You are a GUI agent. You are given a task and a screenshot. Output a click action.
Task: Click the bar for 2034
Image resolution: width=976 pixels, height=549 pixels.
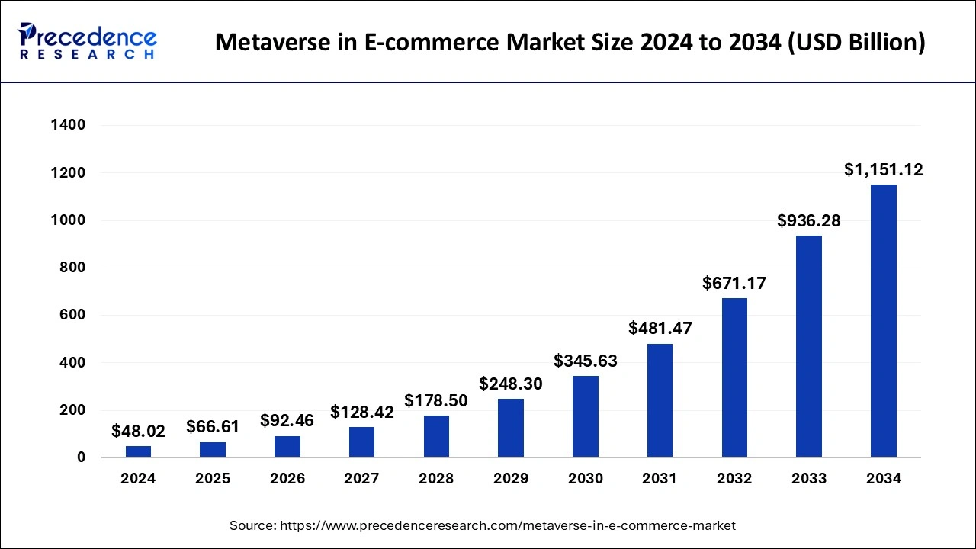tap(884, 321)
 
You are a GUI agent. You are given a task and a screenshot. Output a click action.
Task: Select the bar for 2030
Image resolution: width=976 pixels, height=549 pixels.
tap(586, 416)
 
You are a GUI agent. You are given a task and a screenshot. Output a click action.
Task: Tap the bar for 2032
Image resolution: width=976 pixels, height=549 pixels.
tap(734, 377)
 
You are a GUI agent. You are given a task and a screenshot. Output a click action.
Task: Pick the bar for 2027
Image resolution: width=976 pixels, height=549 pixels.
tap(361, 442)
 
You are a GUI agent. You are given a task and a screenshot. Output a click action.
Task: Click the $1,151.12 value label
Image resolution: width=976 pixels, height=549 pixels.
tap(884, 170)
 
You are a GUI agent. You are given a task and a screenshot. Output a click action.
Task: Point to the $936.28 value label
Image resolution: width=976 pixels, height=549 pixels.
tap(809, 221)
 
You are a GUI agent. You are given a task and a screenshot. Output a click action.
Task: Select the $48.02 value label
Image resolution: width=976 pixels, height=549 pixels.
tap(138, 432)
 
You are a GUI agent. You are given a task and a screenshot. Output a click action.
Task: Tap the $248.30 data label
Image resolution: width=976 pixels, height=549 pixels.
tap(511, 384)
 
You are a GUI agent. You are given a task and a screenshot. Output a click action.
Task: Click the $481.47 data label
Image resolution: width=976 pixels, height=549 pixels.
tap(660, 329)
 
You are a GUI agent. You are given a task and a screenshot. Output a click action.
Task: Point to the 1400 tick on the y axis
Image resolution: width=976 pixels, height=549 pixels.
tap(68, 125)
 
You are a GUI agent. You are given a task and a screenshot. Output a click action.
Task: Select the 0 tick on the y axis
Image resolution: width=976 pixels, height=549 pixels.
tap(80, 457)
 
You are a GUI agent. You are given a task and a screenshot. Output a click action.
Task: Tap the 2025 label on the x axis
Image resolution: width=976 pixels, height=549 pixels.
tap(213, 479)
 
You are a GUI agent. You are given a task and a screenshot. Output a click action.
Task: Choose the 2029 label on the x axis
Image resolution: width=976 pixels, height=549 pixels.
tap(511, 479)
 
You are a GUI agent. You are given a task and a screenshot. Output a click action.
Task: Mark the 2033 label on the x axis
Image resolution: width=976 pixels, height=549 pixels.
tap(809, 479)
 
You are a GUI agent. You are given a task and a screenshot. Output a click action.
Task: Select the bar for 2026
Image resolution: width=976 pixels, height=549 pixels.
tap(287, 447)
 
